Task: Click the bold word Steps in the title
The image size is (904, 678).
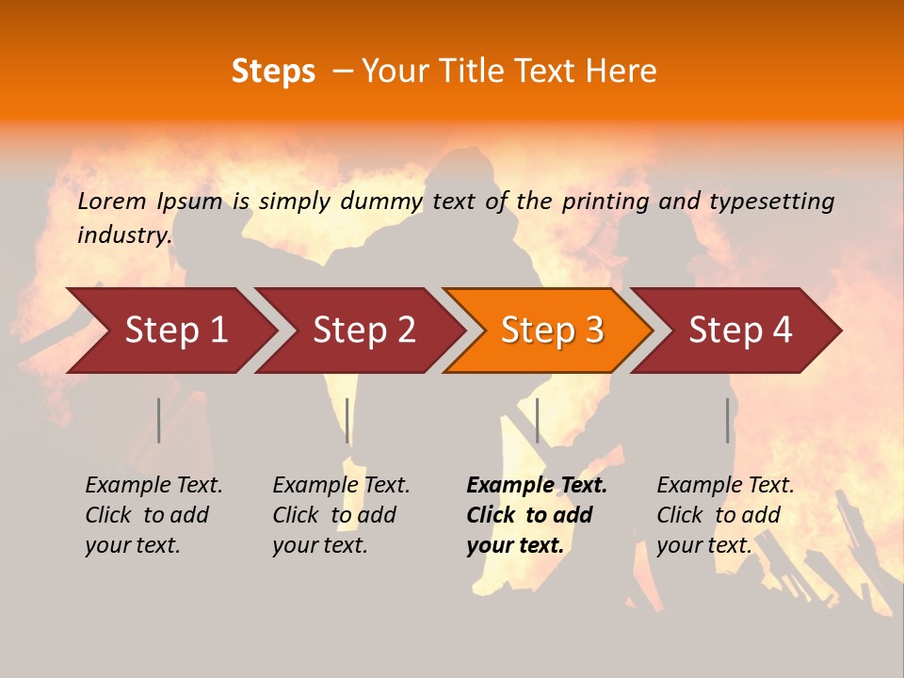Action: click(273, 72)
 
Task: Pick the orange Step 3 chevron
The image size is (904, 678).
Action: click(552, 331)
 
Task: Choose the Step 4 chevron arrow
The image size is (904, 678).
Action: click(740, 331)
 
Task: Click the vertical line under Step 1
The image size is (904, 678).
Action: click(159, 420)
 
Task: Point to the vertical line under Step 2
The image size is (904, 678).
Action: click(347, 420)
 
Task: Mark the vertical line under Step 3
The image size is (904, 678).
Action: click(537, 420)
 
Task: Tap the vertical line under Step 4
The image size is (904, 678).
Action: click(727, 420)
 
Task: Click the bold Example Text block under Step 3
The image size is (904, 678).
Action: click(537, 515)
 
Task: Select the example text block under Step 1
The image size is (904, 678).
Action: click(153, 515)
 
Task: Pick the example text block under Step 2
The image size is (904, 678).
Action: click(341, 515)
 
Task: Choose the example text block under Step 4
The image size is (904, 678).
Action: click(725, 515)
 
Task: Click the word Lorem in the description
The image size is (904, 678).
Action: click(111, 202)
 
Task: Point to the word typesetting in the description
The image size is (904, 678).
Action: click(771, 202)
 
